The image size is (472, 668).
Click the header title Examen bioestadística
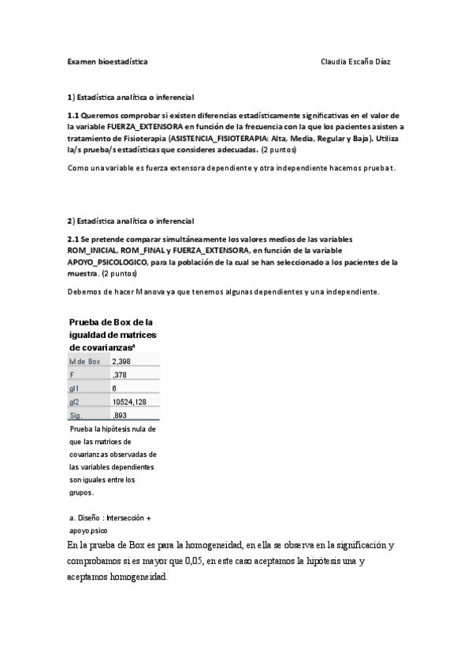106,61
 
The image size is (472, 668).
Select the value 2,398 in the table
123,362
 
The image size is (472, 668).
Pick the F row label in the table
72,375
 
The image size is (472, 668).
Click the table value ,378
121,375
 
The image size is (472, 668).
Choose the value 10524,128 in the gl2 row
129,402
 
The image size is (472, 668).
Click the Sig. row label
76,415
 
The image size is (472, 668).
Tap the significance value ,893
121,415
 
